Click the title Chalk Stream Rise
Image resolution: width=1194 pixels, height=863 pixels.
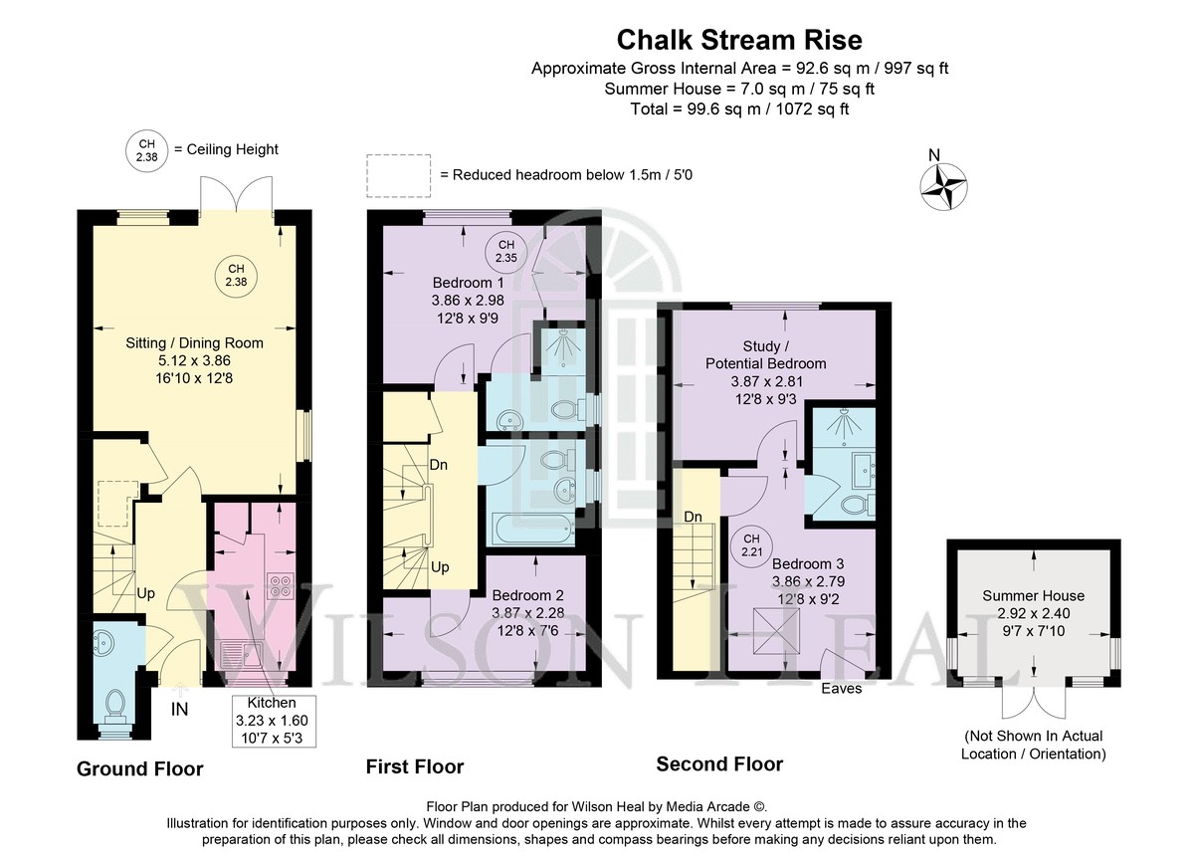739,40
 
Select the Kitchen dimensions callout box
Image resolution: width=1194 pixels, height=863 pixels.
274,721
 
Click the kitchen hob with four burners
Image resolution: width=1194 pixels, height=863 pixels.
280,585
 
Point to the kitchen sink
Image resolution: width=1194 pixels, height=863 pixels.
242,656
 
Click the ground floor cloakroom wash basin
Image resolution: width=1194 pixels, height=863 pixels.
102,643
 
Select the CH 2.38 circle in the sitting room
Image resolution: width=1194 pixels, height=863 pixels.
236,277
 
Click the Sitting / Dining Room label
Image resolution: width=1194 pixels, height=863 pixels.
195,342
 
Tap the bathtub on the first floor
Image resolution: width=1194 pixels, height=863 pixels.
534,529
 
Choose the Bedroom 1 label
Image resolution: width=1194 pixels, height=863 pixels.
468,282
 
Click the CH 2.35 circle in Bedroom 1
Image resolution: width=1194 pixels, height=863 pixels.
505,251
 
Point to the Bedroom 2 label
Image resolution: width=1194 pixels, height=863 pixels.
527,594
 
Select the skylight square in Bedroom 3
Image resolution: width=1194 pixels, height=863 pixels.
776,631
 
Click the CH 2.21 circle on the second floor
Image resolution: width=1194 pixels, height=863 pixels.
751,545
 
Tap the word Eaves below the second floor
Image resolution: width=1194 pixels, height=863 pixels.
841,689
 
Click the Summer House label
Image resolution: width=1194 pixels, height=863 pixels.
1033,595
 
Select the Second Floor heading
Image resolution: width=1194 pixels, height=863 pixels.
719,763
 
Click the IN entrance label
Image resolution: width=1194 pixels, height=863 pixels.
180,709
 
